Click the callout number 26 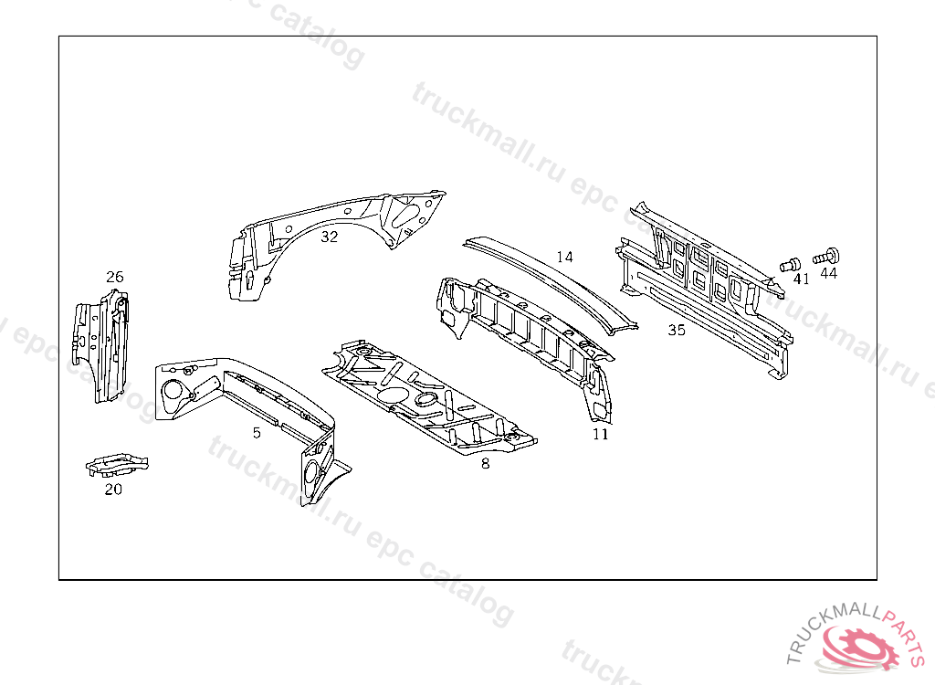point(114,277)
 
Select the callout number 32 point(329,237)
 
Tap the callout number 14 point(564,258)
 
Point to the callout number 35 point(677,330)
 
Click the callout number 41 point(802,279)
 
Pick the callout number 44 point(829,273)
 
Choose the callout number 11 point(601,435)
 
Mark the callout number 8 point(486,464)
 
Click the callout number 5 point(257,433)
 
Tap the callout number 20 point(113,490)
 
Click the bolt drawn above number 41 point(790,264)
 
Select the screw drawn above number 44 point(825,258)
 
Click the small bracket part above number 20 point(117,465)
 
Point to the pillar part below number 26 point(100,345)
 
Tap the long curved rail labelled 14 point(551,283)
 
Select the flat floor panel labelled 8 point(429,397)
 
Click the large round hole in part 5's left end point(173,390)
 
